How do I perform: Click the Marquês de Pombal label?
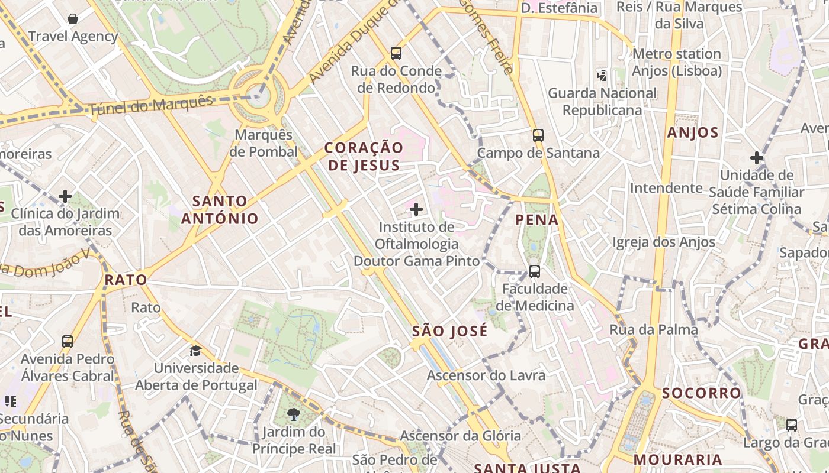(x=264, y=143)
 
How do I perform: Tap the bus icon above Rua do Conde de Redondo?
(x=396, y=53)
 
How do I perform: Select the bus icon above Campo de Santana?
(x=538, y=135)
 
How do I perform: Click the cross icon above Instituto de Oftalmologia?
(x=416, y=209)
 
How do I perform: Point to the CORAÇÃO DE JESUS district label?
(x=364, y=156)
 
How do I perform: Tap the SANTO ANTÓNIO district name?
(x=220, y=210)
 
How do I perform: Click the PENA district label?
(x=537, y=220)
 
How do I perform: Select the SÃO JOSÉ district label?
(x=450, y=331)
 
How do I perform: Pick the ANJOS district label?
(x=693, y=132)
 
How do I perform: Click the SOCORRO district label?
(x=702, y=393)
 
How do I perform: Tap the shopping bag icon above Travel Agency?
(x=73, y=19)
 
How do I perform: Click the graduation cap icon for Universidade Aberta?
(x=196, y=351)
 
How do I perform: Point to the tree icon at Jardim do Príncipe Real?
(x=293, y=413)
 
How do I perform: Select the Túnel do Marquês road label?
(x=150, y=106)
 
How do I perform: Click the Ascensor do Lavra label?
(x=486, y=375)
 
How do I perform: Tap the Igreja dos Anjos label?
(x=664, y=242)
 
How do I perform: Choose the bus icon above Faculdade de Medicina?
(x=535, y=271)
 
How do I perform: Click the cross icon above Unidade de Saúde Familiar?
(x=756, y=158)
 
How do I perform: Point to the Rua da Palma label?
(x=654, y=329)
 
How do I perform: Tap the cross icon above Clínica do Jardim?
(x=65, y=196)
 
